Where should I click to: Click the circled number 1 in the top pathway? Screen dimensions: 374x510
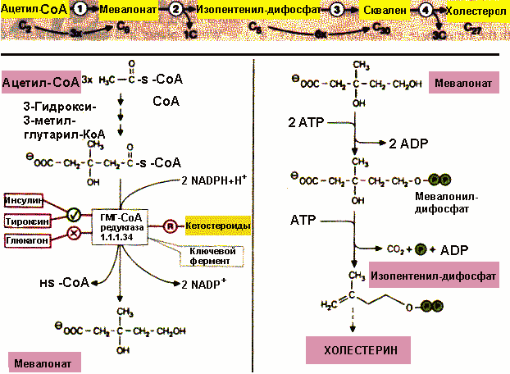(82, 9)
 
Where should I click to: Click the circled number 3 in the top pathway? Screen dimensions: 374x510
(336, 10)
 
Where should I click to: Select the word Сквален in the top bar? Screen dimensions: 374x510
(384, 11)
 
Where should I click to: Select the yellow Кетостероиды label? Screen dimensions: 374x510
(216, 225)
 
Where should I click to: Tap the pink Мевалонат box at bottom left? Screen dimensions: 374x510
(41, 361)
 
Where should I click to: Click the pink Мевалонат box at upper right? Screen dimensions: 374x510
(463, 83)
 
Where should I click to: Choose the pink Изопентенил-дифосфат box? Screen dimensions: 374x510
(433, 276)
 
